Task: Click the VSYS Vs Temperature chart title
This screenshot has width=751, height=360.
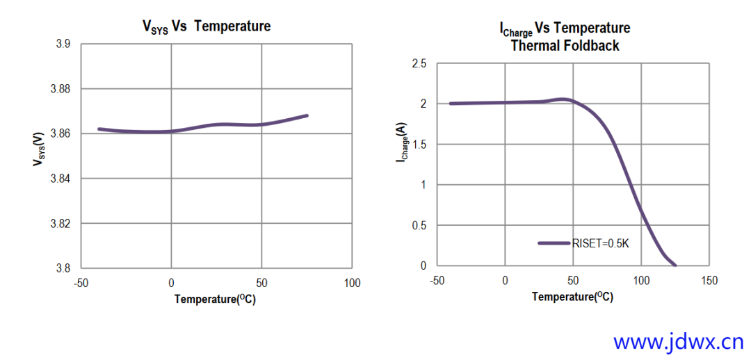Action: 207,26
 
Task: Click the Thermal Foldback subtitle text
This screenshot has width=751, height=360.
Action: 565,46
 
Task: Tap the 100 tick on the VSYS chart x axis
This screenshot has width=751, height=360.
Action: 353,283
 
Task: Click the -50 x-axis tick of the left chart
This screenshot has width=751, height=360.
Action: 81,283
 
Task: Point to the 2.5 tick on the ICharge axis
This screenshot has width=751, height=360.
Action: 419,64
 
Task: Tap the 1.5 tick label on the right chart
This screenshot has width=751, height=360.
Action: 419,145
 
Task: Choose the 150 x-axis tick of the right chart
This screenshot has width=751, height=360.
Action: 709,280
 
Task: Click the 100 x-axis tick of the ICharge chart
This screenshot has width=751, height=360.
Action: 641,280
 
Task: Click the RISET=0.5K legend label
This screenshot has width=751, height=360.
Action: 600,243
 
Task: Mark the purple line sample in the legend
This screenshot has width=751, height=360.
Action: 554,243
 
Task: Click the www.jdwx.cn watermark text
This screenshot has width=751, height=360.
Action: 679,341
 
